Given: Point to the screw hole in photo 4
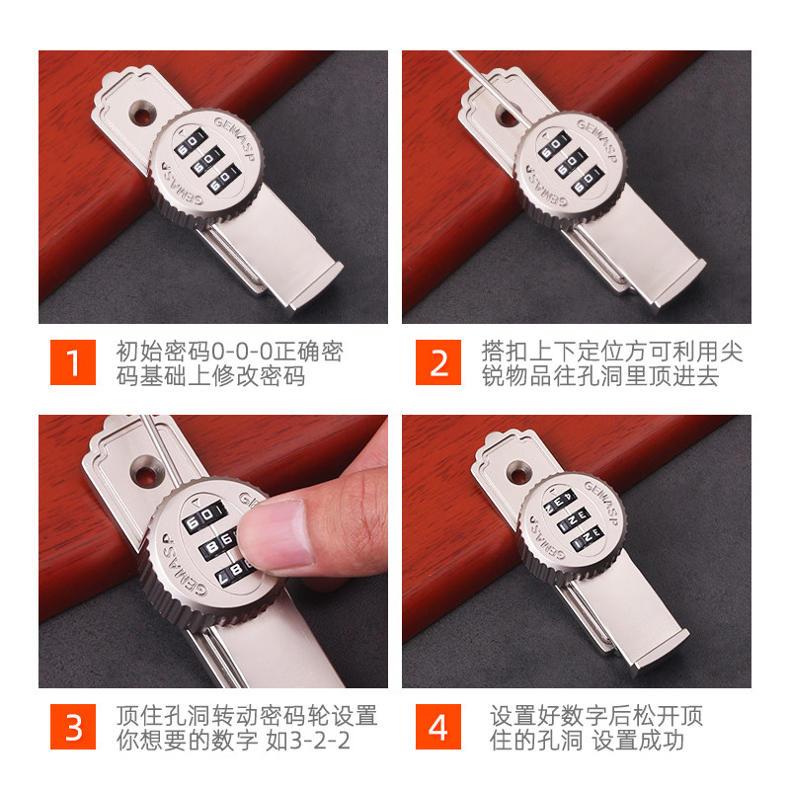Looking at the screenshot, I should (514, 471).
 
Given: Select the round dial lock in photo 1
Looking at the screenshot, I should (206, 164).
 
